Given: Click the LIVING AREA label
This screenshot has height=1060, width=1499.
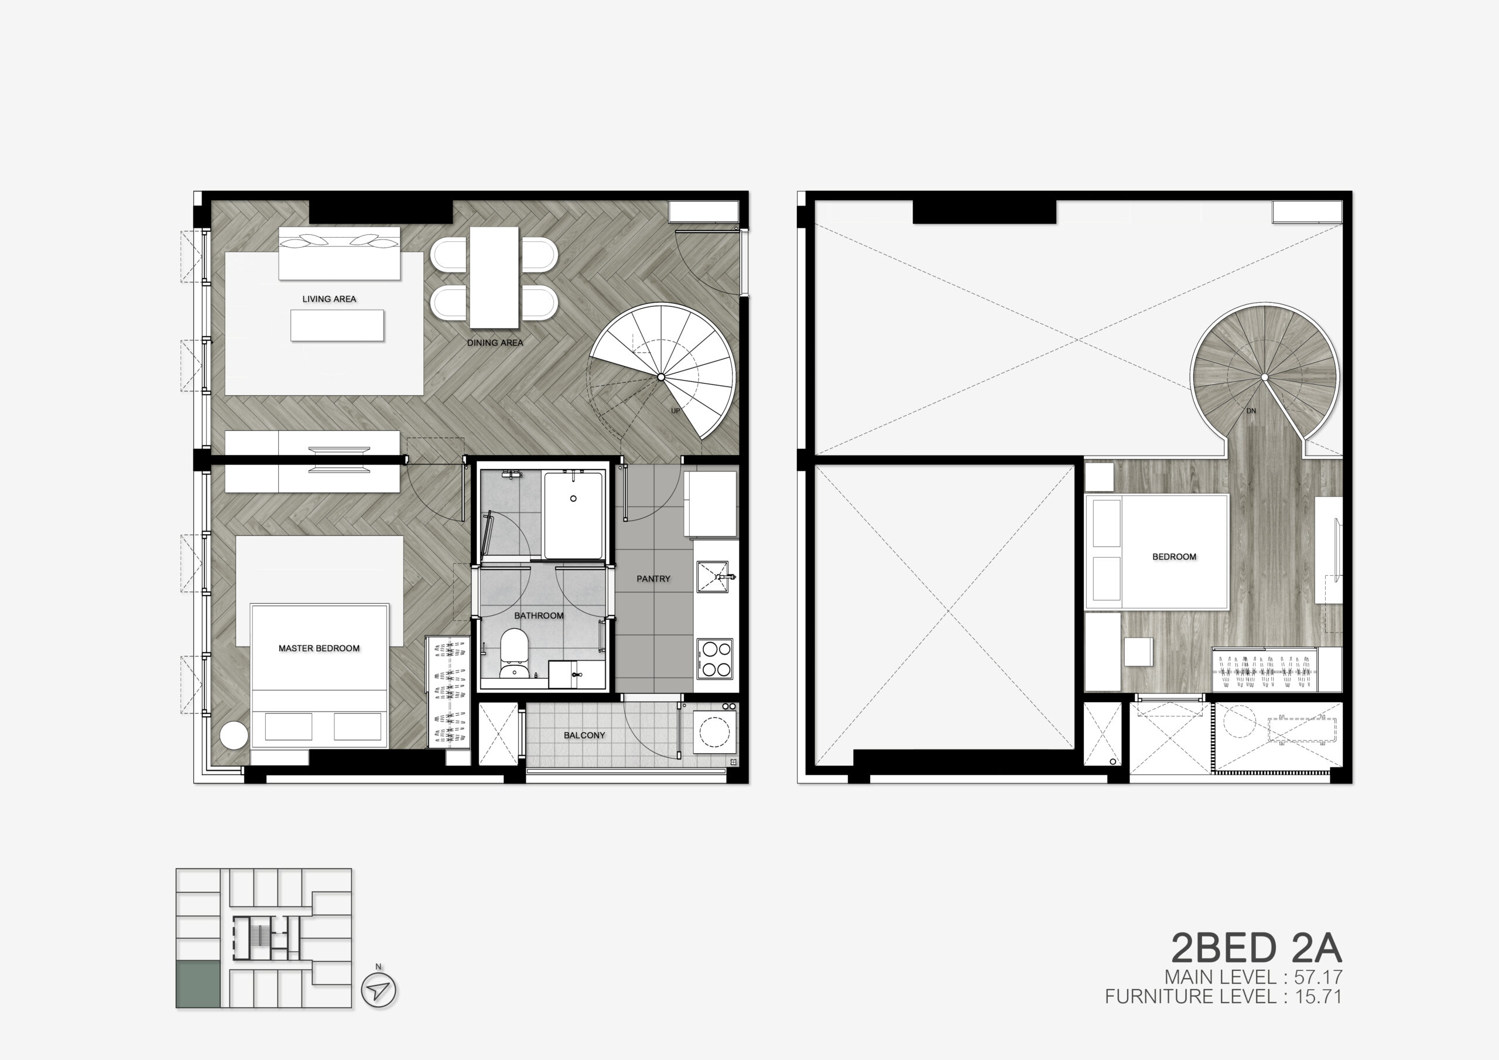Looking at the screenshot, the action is coord(329,299).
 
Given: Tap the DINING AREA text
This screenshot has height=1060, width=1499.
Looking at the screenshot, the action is coord(495,343).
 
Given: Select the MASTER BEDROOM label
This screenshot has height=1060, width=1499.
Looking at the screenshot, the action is coord(319,648).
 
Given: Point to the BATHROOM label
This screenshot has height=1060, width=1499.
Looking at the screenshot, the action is coord(539,616).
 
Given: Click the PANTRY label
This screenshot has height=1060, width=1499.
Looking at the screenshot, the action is coord(653,579).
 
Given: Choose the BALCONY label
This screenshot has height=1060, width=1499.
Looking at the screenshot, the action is coord(584,736).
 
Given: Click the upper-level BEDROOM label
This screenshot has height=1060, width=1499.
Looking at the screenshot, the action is coord(1175,557).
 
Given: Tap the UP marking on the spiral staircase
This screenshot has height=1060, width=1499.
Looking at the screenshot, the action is coord(675,411).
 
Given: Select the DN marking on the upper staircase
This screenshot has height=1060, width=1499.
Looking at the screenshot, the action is coord(1251,411).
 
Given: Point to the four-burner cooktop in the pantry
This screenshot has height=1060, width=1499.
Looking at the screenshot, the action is coord(715,659).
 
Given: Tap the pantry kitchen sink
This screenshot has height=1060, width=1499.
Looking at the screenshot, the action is coord(714,577).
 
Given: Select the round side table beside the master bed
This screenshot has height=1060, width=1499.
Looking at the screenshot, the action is coord(234,736).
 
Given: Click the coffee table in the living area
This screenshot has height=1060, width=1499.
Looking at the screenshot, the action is coord(337,325).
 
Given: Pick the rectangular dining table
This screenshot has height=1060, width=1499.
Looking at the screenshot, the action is coord(494,278).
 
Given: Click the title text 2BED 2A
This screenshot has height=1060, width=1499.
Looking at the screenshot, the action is coord(1256,948).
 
